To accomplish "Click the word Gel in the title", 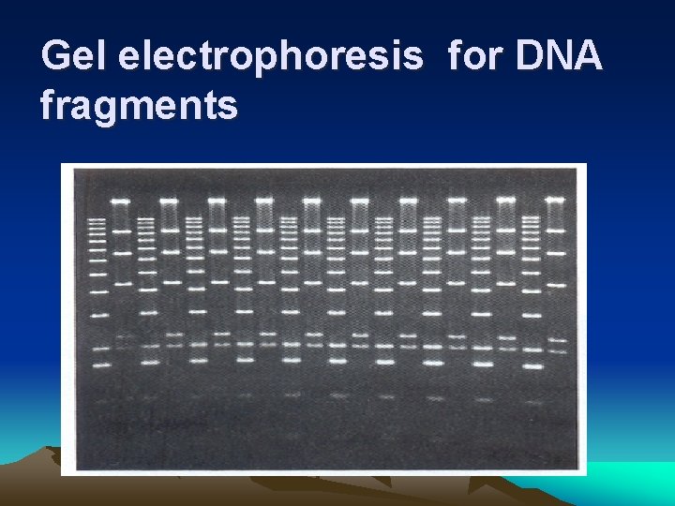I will [x=74, y=58].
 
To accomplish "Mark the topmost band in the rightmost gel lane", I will [x=555, y=200].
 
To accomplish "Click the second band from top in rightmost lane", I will [x=555, y=230].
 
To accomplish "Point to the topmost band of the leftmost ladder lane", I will [x=97, y=219].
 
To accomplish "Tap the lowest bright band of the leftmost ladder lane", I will [x=98, y=365].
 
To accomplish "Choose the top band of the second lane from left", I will [x=120, y=200].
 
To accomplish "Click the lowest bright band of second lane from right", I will [x=532, y=365].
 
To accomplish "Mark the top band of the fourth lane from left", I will [x=169, y=200].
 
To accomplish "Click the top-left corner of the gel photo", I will [x=62, y=164].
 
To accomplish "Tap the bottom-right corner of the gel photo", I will [x=586, y=474].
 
